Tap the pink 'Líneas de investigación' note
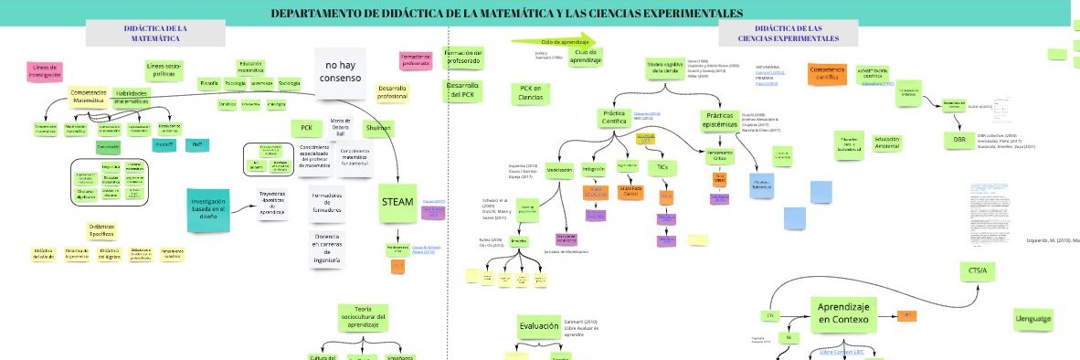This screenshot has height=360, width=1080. [x=45, y=71]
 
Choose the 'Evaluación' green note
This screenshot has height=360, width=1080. [x=538, y=326]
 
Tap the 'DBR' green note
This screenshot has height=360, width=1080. [x=958, y=139]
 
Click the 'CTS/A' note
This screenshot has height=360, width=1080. [x=978, y=271]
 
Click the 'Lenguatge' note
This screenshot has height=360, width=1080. [x=1032, y=319]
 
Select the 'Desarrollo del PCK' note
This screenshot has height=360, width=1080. [x=461, y=90]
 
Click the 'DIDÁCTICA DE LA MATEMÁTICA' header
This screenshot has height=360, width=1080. [x=155, y=33]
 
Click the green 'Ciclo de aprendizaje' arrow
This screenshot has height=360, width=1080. [x=551, y=41]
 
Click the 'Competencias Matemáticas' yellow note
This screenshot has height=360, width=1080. [x=89, y=96]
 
